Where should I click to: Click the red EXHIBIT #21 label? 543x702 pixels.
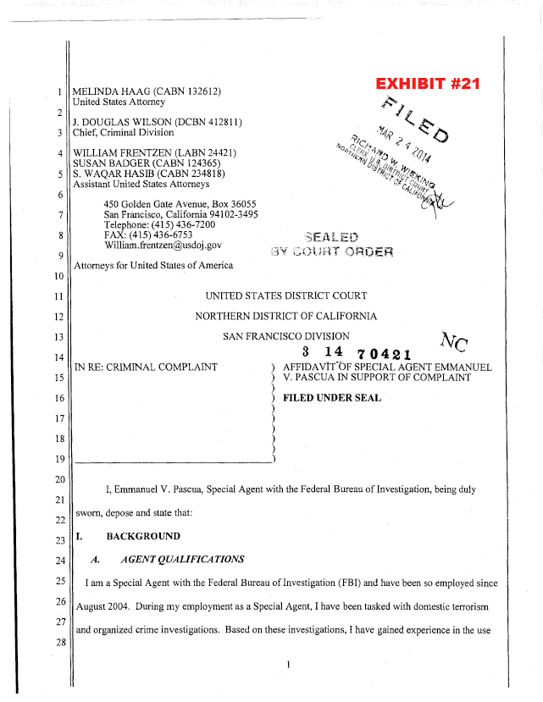(428, 84)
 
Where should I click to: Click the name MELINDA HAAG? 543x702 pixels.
(116, 91)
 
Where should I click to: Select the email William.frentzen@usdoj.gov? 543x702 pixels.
(163, 245)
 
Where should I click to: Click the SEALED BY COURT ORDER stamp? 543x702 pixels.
(330, 243)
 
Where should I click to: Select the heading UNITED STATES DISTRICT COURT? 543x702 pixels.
(286, 296)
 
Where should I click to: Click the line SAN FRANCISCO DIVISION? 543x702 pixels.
(286, 336)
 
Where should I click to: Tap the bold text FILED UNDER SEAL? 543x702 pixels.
(331, 397)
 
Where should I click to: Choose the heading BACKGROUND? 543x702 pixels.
(142, 536)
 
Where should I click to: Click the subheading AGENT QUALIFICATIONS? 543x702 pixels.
(182, 559)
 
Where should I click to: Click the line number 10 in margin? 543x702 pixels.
(59, 277)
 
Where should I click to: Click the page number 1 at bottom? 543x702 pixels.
(289, 665)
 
